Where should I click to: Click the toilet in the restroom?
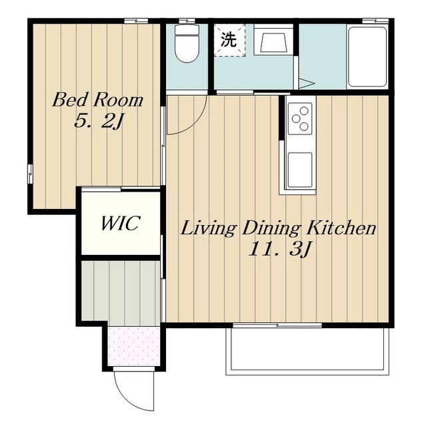coord(187,43)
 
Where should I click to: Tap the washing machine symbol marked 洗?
coord(229,40)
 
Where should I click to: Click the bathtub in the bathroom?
coord(367,57)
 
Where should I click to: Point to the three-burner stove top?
coord(300,118)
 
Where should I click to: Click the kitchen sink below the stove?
coord(299,170)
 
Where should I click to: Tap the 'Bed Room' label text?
coord(97,100)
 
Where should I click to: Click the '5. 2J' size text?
coord(99,121)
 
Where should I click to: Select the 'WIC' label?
coord(121,224)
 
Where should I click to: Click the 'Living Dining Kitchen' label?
coord(278,228)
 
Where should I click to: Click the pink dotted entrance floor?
coord(134,346)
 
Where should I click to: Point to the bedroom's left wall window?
coord(30,174)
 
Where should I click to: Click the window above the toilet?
coord(187,21)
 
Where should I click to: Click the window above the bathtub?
coord(375,21)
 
